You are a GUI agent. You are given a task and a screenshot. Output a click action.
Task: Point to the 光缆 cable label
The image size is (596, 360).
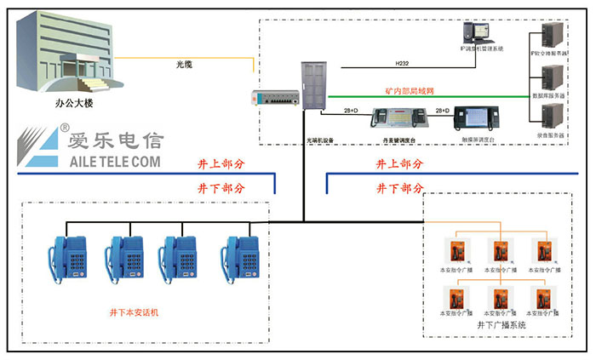184,64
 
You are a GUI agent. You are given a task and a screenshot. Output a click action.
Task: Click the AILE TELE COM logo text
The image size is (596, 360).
100,159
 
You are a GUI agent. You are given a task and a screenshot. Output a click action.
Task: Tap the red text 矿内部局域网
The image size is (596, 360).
409,89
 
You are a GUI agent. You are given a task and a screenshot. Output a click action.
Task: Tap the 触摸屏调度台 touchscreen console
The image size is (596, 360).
471,117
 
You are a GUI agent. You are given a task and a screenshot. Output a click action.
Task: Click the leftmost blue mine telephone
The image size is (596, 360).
67,254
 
